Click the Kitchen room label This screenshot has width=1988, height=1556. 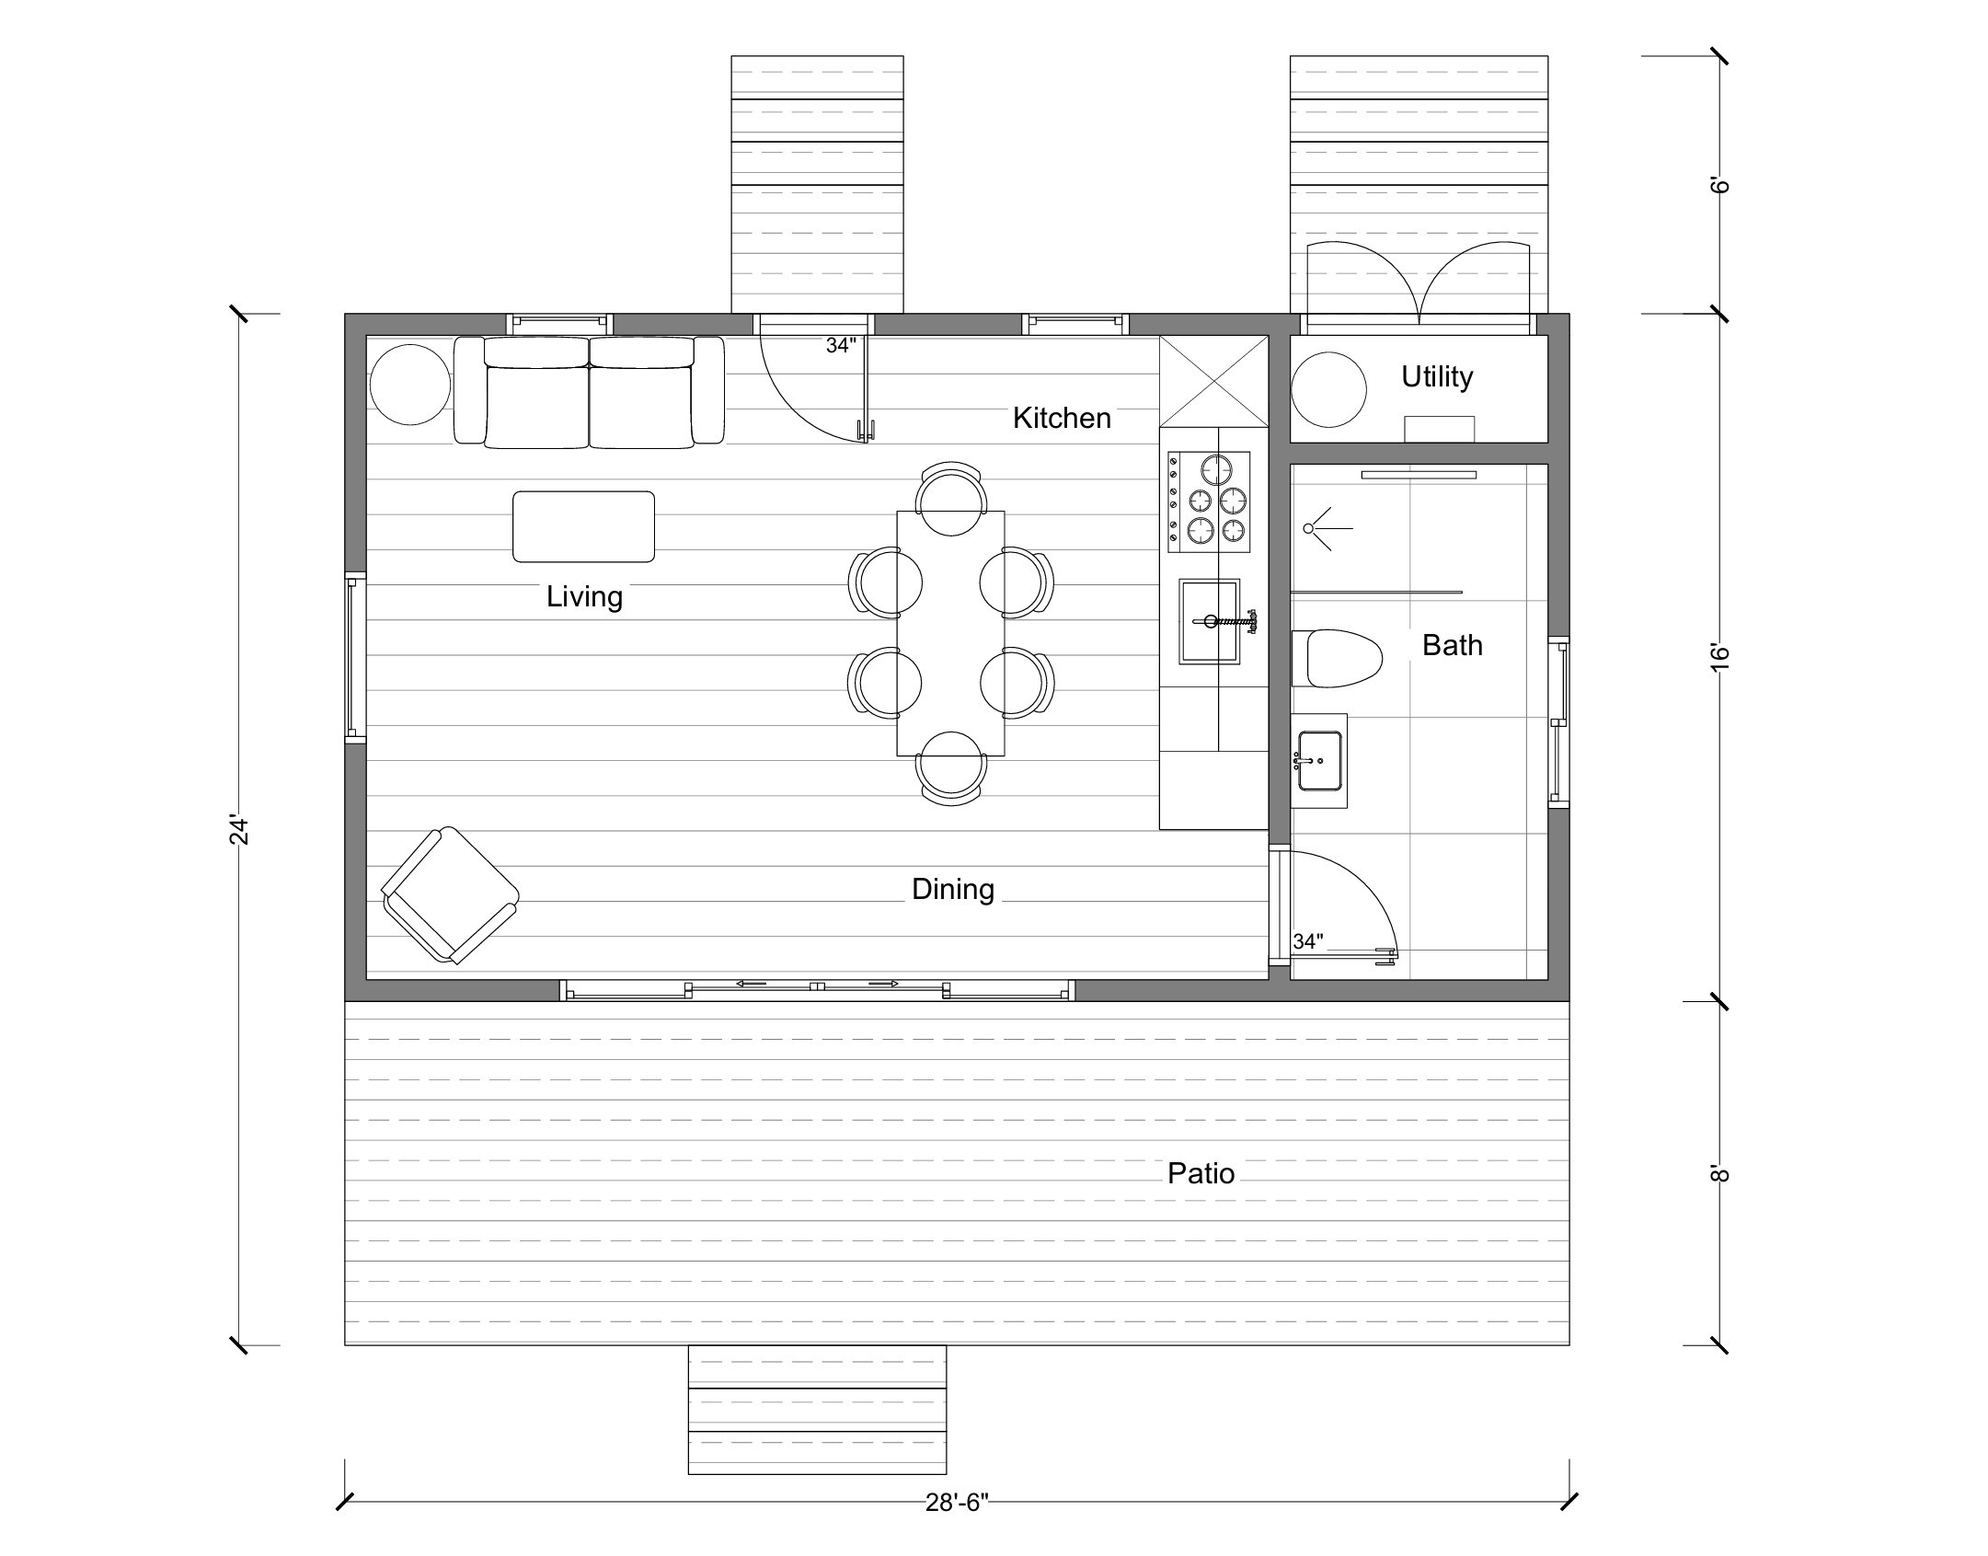[1062, 419]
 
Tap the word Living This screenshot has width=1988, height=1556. [584, 597]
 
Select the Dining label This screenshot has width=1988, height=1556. [952, 889]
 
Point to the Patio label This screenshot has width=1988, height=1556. [1201, 1173]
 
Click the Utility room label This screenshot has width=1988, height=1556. [1436, 376]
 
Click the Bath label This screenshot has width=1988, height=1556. [1452, 645]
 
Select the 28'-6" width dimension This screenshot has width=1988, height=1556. [956, 1503]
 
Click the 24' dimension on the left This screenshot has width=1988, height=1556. [239, 829]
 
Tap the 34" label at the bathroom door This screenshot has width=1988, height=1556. [1307, 941]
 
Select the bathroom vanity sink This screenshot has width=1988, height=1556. [1319, 761]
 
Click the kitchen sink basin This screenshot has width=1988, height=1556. [1209, 621]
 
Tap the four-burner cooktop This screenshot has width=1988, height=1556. [1209, 501]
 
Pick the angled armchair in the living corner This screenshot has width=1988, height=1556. [450, 895]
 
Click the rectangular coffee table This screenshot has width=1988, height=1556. [583, 526]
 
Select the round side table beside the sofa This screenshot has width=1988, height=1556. [410, 385]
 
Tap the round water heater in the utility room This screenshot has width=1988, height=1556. [1328, 389]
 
